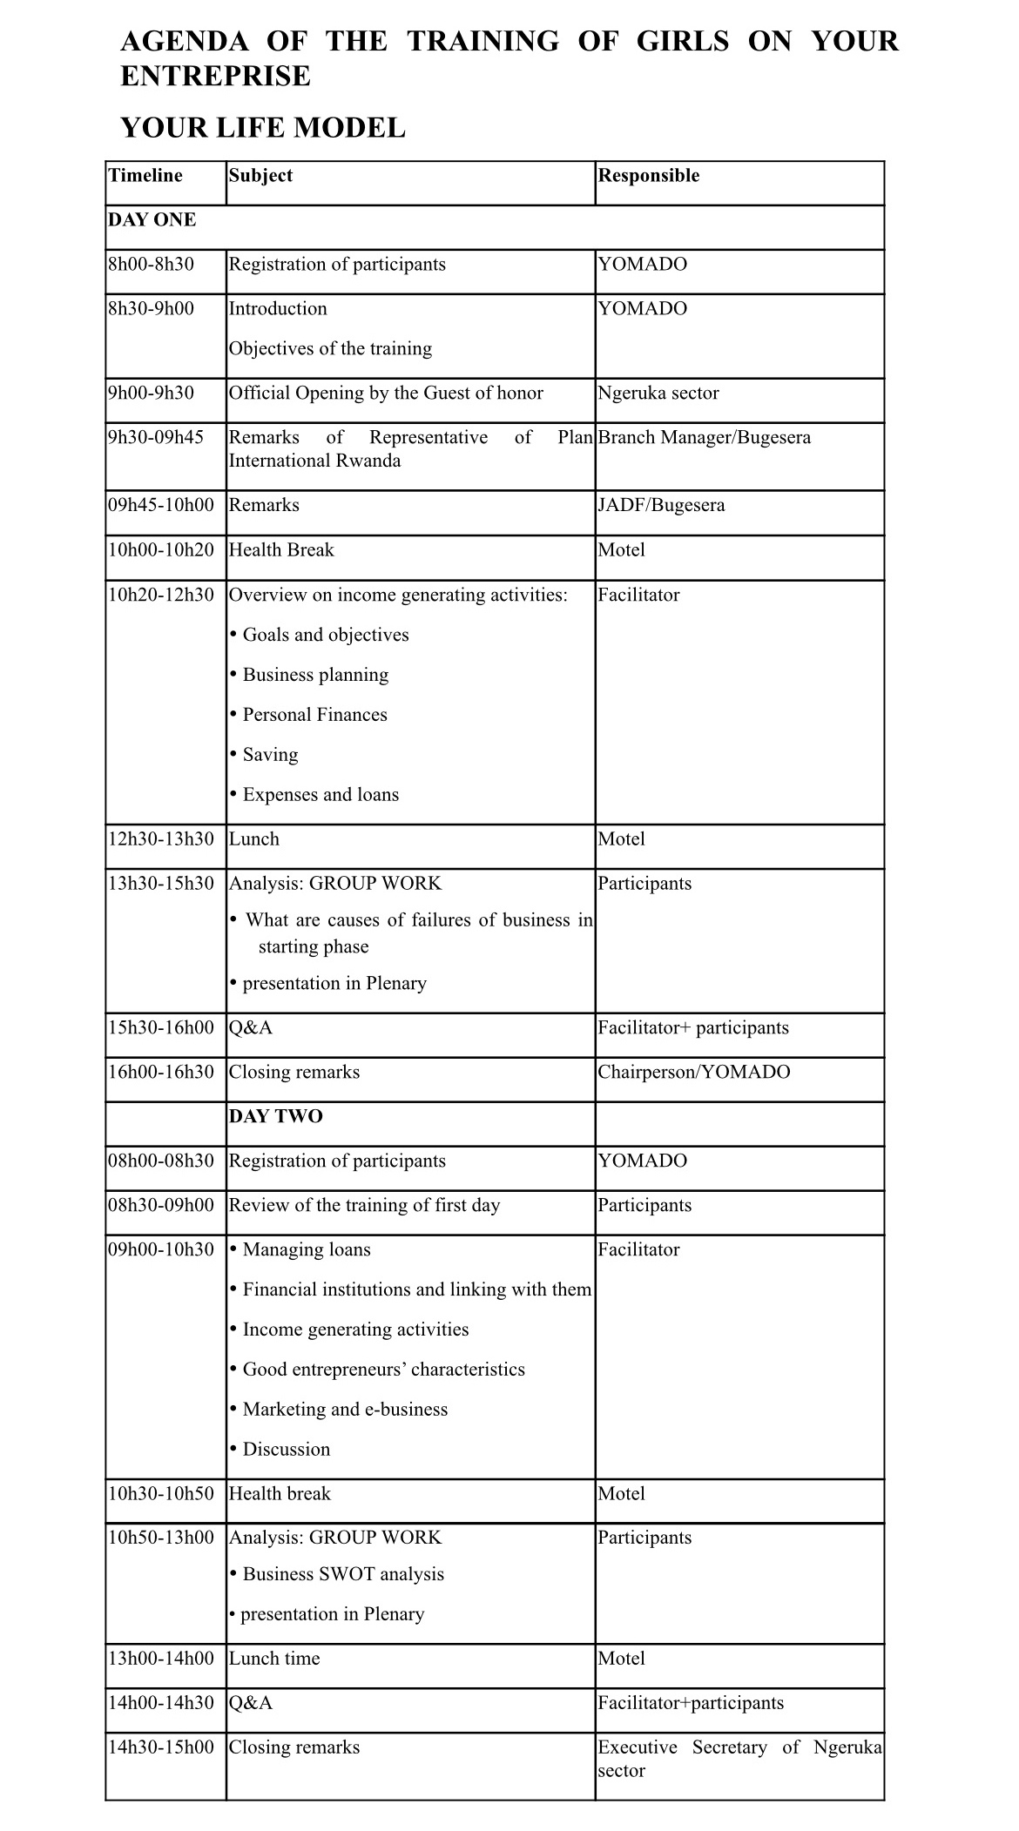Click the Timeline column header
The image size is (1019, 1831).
pyautogui.click(x=145, y=176)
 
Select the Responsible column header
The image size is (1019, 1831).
pyautogui.click(x=648, y=176)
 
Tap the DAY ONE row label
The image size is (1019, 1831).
pyautogui.click(x=152, y=220)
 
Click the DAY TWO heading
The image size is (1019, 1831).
pyautogui.click(x=275, y=1117)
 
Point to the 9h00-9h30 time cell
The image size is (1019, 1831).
pyautogui.click(x=151, y=394)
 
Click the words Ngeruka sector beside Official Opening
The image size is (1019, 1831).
pyautogui.click(x=658, y=394)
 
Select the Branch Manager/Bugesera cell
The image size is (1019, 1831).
pyautogui.click(x=704, y=438)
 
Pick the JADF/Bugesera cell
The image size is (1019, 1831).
pyautogui.click(x=661, y=506)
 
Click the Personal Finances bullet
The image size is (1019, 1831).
pyautogui.click(x=314, y=716)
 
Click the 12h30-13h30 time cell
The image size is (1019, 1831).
pyautogui.click(x=161, y=840)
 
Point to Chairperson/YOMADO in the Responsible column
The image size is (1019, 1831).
pyautogui.click(x=694, y=1073)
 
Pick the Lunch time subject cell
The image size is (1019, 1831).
pyautogui.click(x=274, y=1659)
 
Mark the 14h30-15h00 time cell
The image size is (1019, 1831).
pyautogui.click(x=161, y=1748)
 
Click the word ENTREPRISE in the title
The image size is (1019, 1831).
pyautogui.click(x=215, y=77)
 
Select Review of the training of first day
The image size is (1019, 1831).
pyautogui.click(x=364, y=1206)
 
